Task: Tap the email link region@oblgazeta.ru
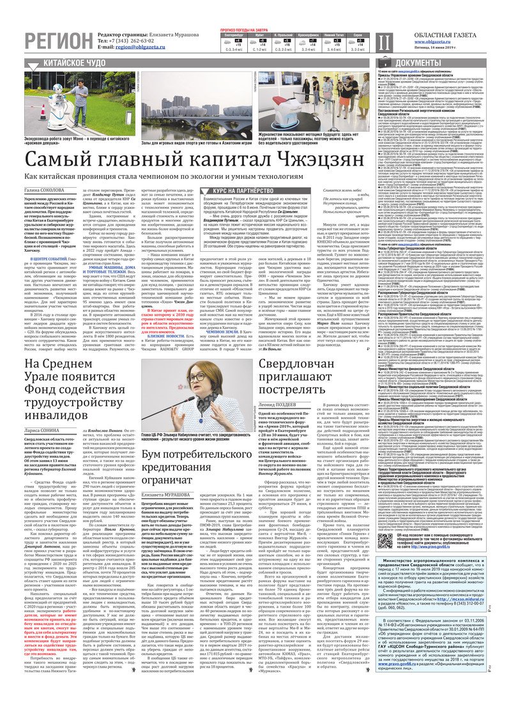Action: pyautogui.click(x=137, y=47)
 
